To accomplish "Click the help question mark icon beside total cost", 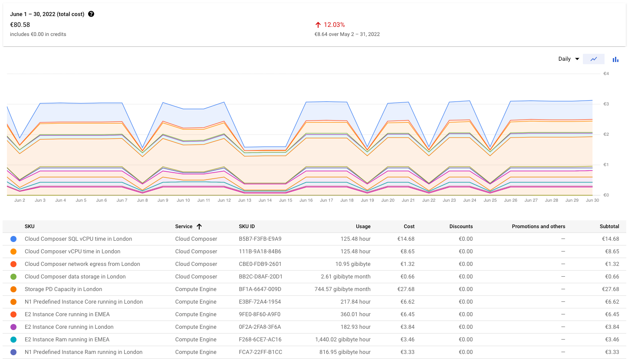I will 91,14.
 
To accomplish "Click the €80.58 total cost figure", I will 20,25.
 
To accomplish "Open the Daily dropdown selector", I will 569,59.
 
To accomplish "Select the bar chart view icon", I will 615,59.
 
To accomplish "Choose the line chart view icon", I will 594,59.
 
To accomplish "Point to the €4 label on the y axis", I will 606,74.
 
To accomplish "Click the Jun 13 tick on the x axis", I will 244,200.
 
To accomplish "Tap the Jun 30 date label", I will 592,200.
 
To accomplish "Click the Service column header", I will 184,226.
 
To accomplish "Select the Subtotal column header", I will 609,226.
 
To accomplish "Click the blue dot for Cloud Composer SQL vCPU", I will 13,239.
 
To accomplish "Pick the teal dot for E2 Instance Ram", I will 13,340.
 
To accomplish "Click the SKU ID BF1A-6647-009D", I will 260,289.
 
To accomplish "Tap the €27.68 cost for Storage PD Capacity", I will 406,289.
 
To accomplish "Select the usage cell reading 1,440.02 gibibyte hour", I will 342,340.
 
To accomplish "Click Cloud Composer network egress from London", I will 82,264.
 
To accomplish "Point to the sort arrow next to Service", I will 199,226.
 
